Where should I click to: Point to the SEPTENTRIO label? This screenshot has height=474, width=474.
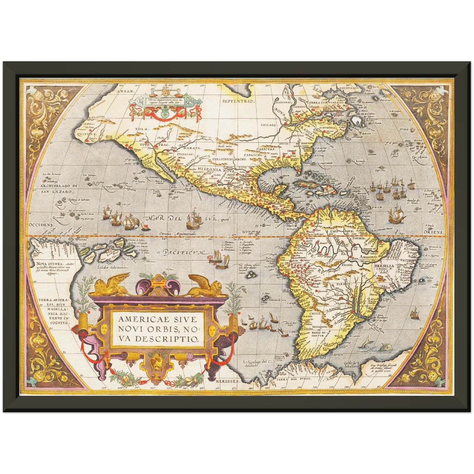point(238,101)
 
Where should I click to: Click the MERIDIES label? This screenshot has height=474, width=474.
point(228,382)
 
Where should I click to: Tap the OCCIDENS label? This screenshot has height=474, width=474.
point(41,225)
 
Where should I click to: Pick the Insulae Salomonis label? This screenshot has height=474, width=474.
point(113,267)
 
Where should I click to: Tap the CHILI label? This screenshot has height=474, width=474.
point(315,314)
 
